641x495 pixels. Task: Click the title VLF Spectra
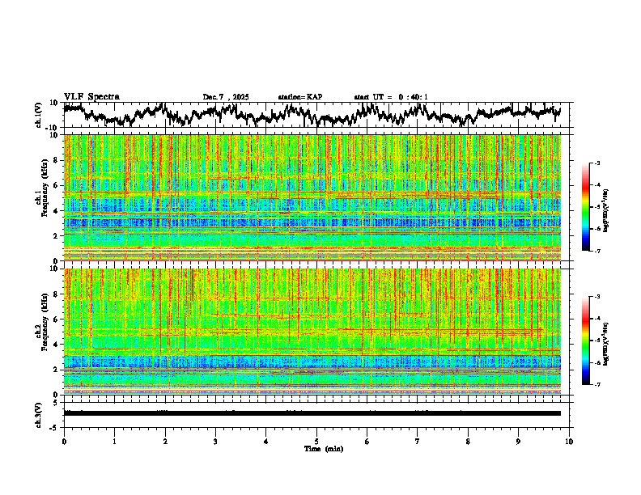91,97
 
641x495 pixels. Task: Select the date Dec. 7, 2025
226,97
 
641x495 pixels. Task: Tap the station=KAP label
299,97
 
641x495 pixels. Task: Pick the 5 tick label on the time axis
316,441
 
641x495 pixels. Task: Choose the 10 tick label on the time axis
569,441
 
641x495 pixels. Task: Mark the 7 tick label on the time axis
418,441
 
